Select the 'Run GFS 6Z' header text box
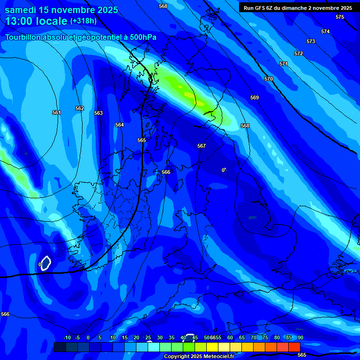click(298, 8)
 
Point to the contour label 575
click(340, 17)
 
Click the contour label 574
click(325, 31)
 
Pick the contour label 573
click(311, 41)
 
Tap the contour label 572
click(299, 53)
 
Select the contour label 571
click(284, 64)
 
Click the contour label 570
click(269, 79)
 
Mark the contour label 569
click(255, 97)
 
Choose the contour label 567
click(202, 146)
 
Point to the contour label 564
click(120, 125)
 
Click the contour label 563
click(98, 113)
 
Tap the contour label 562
click(80, 108)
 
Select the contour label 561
click(57, 112)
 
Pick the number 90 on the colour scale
click(300, 337)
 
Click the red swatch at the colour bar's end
click(294, 347)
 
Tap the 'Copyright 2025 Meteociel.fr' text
click(199, 357)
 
